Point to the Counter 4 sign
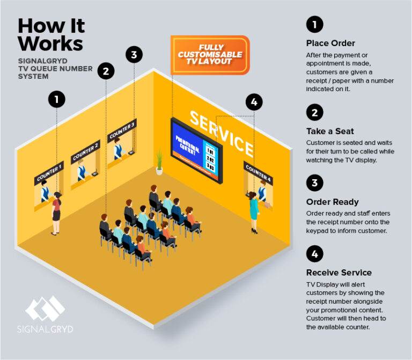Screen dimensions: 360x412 258,171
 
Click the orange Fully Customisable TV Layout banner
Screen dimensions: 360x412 210,55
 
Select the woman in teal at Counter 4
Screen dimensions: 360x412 253,212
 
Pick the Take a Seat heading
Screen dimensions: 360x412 330,131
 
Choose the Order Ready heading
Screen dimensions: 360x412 332,202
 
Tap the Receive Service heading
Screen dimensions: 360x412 339,272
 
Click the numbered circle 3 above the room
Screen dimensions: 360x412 134,54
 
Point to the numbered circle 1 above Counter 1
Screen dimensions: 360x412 56,99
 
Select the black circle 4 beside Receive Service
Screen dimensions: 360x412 314,253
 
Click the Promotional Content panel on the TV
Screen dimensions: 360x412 187,145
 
